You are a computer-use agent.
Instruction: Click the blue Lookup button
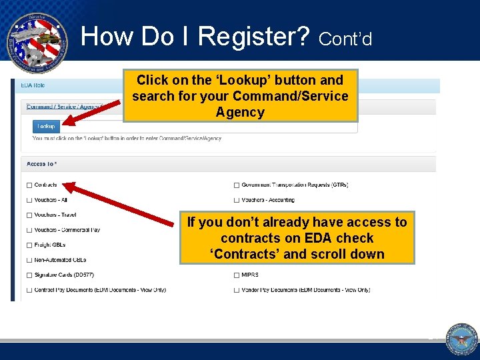pos(46,125)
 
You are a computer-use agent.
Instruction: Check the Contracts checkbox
pos(29,185)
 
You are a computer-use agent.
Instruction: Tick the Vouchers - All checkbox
pos(29,200)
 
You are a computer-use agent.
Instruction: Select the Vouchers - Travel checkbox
pos(29,215)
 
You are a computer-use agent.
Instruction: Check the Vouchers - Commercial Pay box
pos(29,230)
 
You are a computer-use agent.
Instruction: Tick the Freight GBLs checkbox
pos(29,245)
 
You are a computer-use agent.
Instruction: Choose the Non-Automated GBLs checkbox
pos(29,260)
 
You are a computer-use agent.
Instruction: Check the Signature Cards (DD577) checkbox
pos(29,275)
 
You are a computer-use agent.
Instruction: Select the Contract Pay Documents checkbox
pos(29,290)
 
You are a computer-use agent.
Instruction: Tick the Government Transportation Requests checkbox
pos(237,185)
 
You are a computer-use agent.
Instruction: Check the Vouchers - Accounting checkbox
pos(237,200)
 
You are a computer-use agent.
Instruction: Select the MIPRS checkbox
pos(237,275)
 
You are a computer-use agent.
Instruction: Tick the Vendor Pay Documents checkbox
pos(237,290)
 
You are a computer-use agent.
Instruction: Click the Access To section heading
pos(42,164)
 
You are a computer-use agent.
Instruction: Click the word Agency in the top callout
pos(240,112)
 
